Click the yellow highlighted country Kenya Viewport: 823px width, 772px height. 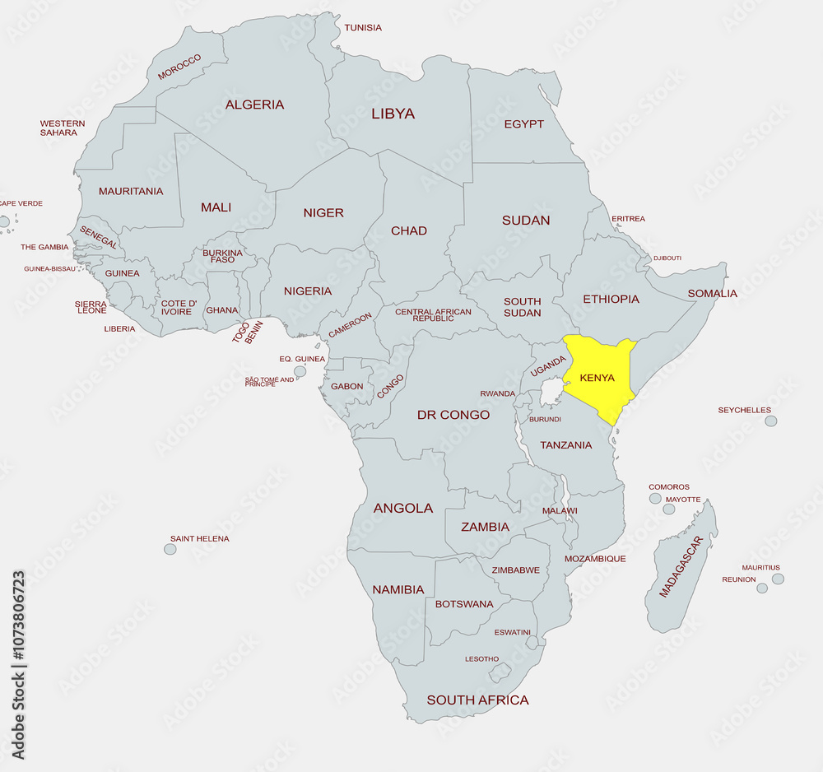(x=597, y=379)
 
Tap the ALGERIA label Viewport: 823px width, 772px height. (x=254, y=105)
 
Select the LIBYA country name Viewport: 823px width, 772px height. (x=393, y=114)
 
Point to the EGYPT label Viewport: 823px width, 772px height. (x=523, y=124)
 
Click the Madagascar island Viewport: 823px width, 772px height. (x=681, y=568)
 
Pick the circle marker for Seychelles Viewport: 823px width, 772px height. (x=770, y=421)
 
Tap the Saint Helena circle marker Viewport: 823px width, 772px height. (x=170, y=549)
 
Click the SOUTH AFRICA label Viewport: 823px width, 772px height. (x=477, y=700)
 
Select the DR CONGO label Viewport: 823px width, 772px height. (x=453, y=415)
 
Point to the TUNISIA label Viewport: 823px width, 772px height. (x=363, y=28)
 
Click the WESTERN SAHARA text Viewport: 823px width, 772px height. (x=63, y=128)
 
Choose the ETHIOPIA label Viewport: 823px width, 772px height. (x=611, y=299)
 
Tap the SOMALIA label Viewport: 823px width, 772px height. (x=712, y=293)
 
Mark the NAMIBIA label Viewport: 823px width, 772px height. (x=398, y=589)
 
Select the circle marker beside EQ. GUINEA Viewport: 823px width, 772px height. (x=300, y=372)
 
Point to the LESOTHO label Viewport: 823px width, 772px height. (x=481, y=659)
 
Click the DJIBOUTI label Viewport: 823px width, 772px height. (x=667, y=258)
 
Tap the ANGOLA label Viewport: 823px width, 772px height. (x=403, y=509)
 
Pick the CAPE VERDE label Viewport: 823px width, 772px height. (x=21, y=203)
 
